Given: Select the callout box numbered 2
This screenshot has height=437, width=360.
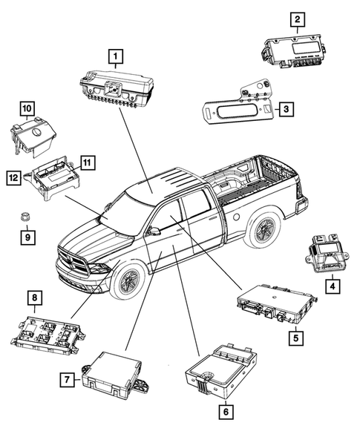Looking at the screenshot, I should tap(297, 19).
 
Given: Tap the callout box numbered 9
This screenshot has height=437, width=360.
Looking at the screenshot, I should tap(25, 238).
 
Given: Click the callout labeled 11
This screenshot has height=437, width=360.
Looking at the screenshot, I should tap(87, 162).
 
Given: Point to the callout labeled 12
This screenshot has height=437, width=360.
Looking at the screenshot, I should tap(14, 177).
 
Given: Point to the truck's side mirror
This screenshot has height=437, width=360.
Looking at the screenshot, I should tap(154, 231).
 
